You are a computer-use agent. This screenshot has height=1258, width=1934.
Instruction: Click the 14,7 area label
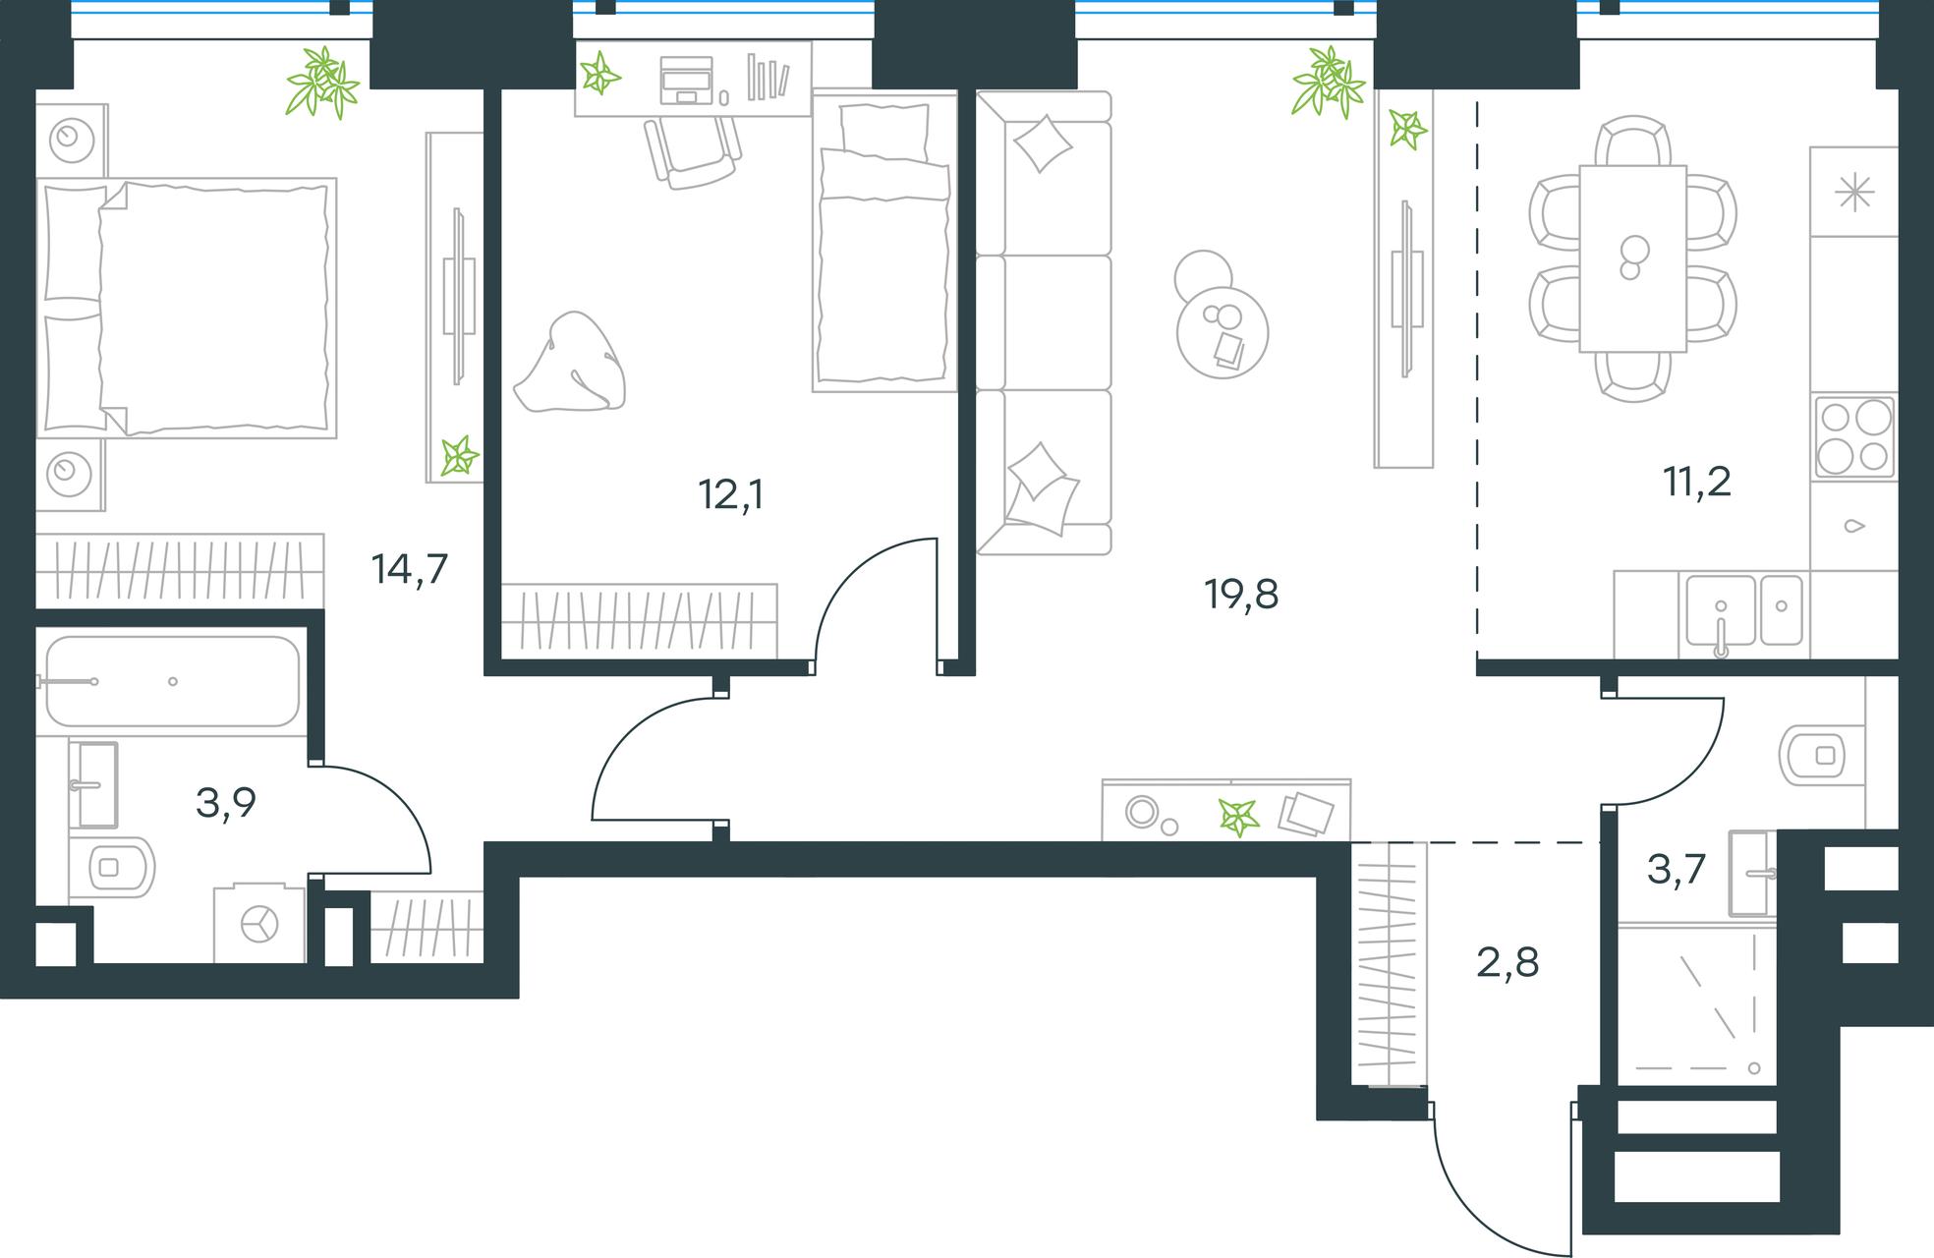pyautogui.click(x=410, y=569)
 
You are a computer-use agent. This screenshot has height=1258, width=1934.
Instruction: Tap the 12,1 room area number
pyautogui.click(x=730, y=494)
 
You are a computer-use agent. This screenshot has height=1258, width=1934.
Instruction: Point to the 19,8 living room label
pyautogui.click(x=1241, y=595)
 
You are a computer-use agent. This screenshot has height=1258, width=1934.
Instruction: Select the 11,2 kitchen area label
pyautogui.click(x=1697, y=483)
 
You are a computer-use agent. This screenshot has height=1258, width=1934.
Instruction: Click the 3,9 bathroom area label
pyautogui.click(x=226, y=803)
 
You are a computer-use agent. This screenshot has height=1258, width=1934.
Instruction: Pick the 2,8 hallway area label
pyautogui.click(x=1507, y=962)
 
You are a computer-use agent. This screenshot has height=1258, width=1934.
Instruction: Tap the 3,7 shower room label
pyautogui.click(x=1677, y=870)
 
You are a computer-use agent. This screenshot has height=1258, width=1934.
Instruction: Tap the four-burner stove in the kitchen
pyautogui.click(x=1854, y=436)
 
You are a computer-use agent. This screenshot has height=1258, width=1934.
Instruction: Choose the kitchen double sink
pyautogui.click(x=1744, y=610)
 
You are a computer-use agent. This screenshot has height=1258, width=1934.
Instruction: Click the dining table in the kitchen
pyautogui.click(x=1632, y=258)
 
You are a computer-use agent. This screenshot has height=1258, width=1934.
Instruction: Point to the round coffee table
pyautogui.click(x=1222, y=332)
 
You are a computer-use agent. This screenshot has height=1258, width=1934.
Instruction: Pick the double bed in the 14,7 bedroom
pyautogui.click(x=187, y=308)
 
